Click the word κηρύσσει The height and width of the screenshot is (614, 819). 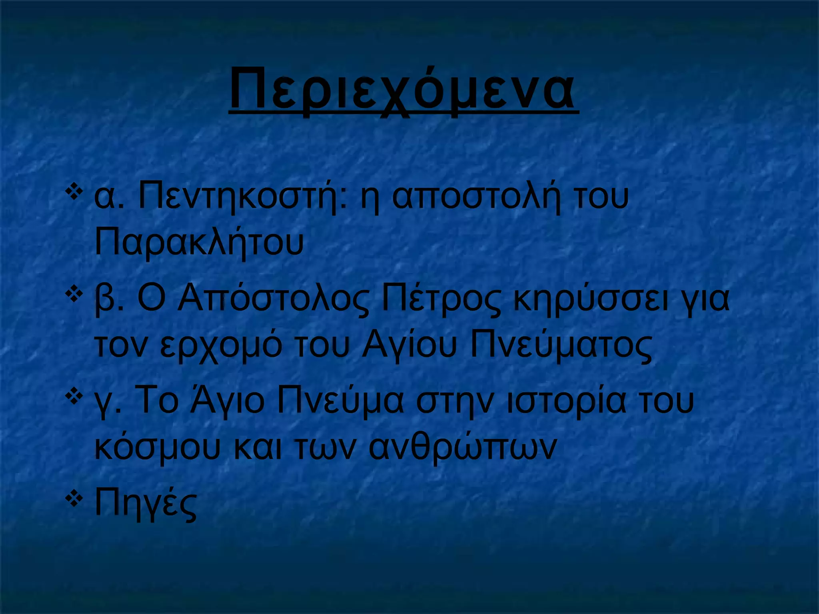click(591, 301)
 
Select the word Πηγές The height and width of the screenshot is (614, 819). click(146, 504)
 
